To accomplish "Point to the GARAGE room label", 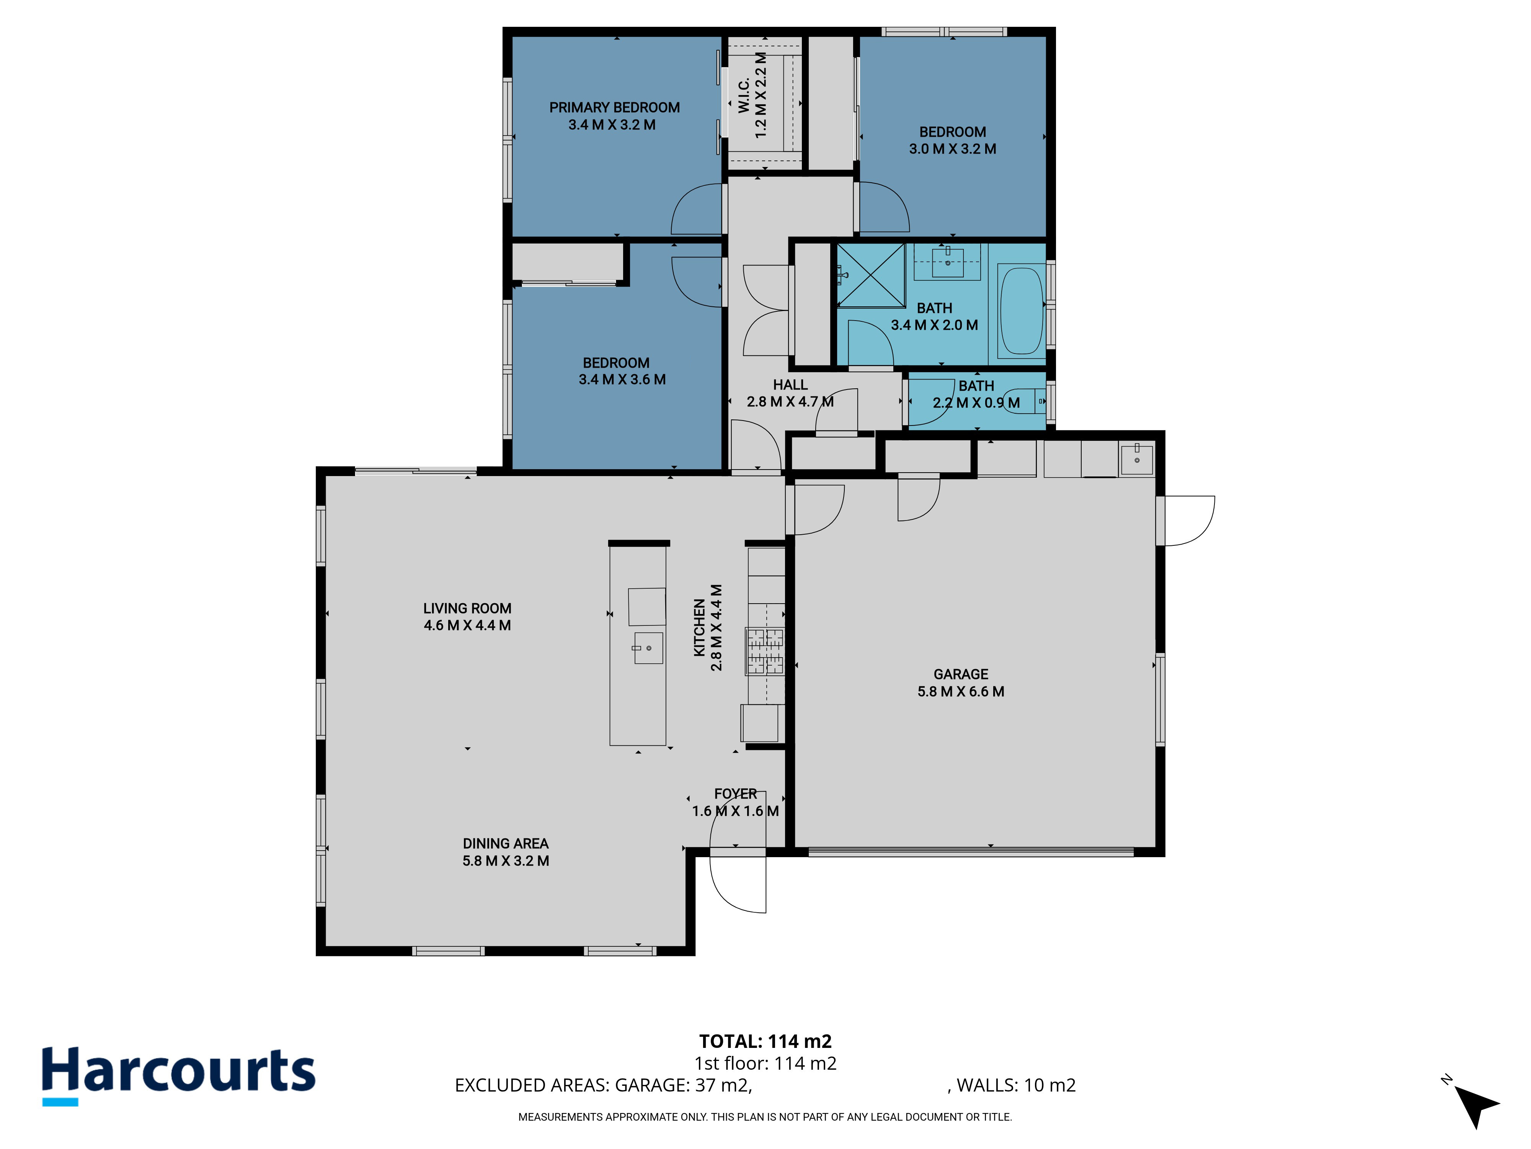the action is (x=961, y=674).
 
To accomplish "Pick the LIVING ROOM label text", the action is (x=467, y=608).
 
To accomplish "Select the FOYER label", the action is (x=736, y=794).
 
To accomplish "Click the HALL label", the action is (x=790, y=385).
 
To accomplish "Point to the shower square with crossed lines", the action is (x=871, y=275).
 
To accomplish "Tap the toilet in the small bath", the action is (x=1024, y=401).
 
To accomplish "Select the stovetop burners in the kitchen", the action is (x=765, y=651).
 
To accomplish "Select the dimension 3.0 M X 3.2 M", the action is (x=952, y=149).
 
